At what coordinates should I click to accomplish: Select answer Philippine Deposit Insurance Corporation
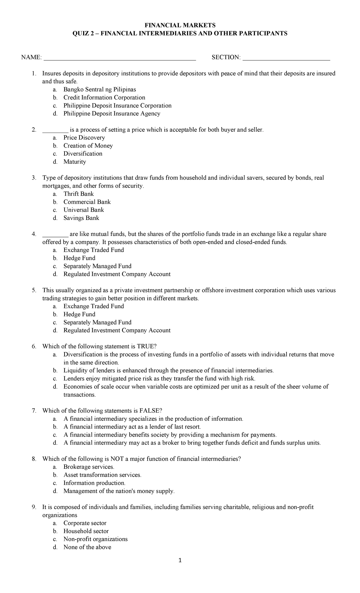pyautogui.click(x=117, y=106)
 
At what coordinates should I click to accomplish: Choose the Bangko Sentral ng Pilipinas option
pyautogui.click(x=100, y=89)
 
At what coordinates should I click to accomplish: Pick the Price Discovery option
pyautogui.click(x=84, y=138)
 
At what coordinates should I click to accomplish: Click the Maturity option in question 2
pyautogui.click(x=75, y=162)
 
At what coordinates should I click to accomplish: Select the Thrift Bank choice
pyautogui.click(x=79, y=194)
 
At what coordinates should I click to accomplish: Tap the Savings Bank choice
pyautogui.click(x=81, y=218)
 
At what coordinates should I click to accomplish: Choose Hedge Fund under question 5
pyautogui.click(x=79, y=314)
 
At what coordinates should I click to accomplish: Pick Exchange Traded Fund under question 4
pyautogui.click(x=94, y=250)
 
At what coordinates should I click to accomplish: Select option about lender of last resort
pyautogui.click(x=132, y=427)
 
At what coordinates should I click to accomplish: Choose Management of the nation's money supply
pyautogui.click(x=119, y=491)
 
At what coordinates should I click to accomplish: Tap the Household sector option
pyautogui.click(x=86, y=531)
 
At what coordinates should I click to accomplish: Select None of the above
pyautogui.click(x=87, y=547)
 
